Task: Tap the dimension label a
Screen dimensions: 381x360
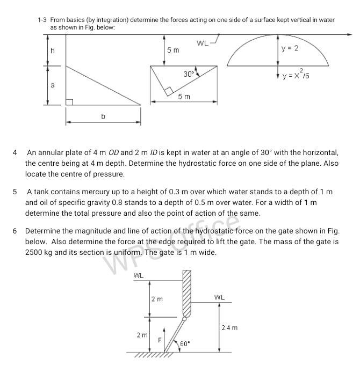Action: [x=52, y=85]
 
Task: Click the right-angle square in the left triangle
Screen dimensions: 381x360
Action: [x=69, y=101]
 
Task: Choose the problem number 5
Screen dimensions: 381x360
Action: [x=16, y=192]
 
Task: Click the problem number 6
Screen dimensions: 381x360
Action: [x=16, y=231]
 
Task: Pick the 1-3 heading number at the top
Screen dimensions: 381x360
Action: [x=43, y=20]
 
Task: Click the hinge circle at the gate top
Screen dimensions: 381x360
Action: [x=185, y=318]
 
